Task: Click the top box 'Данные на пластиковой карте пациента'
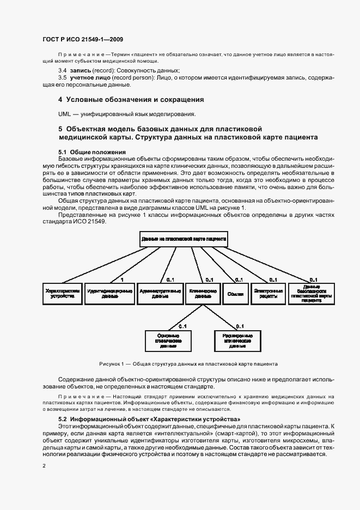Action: pyautogui.click(x=184, y=239)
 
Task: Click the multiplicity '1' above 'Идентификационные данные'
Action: pyautogui.click(x=122, y=280)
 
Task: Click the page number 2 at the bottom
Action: pyautogui.click(x=44, y=466)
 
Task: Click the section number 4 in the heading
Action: pyautogui.click(x=60, y=100)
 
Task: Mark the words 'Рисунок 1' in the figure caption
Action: pyautogui.click(x=112, y=363)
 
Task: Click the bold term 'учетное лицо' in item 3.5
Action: pyautogui.click(x=88, y=78)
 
